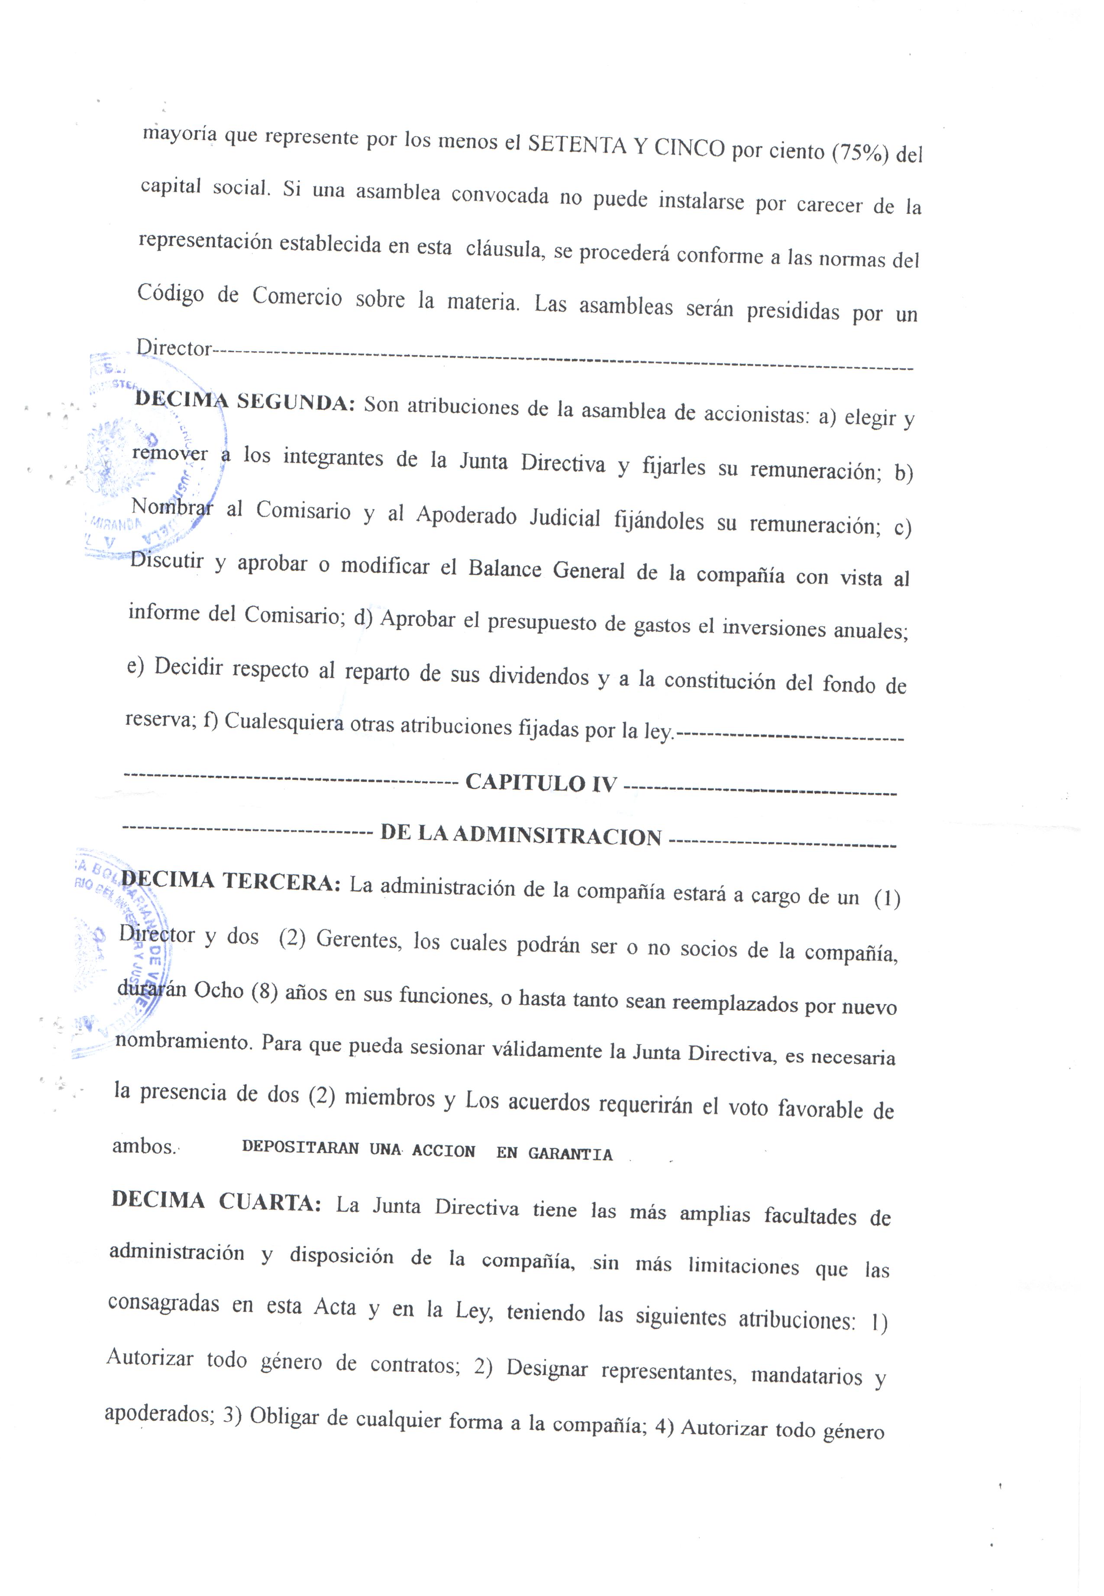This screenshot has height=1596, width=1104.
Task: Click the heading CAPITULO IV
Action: point(540,783)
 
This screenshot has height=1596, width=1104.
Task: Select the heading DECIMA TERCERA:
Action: point(230,882)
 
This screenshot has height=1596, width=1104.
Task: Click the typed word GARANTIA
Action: point(570,1153)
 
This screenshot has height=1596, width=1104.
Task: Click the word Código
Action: point(170,294)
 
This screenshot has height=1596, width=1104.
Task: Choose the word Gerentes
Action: point(358,940)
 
